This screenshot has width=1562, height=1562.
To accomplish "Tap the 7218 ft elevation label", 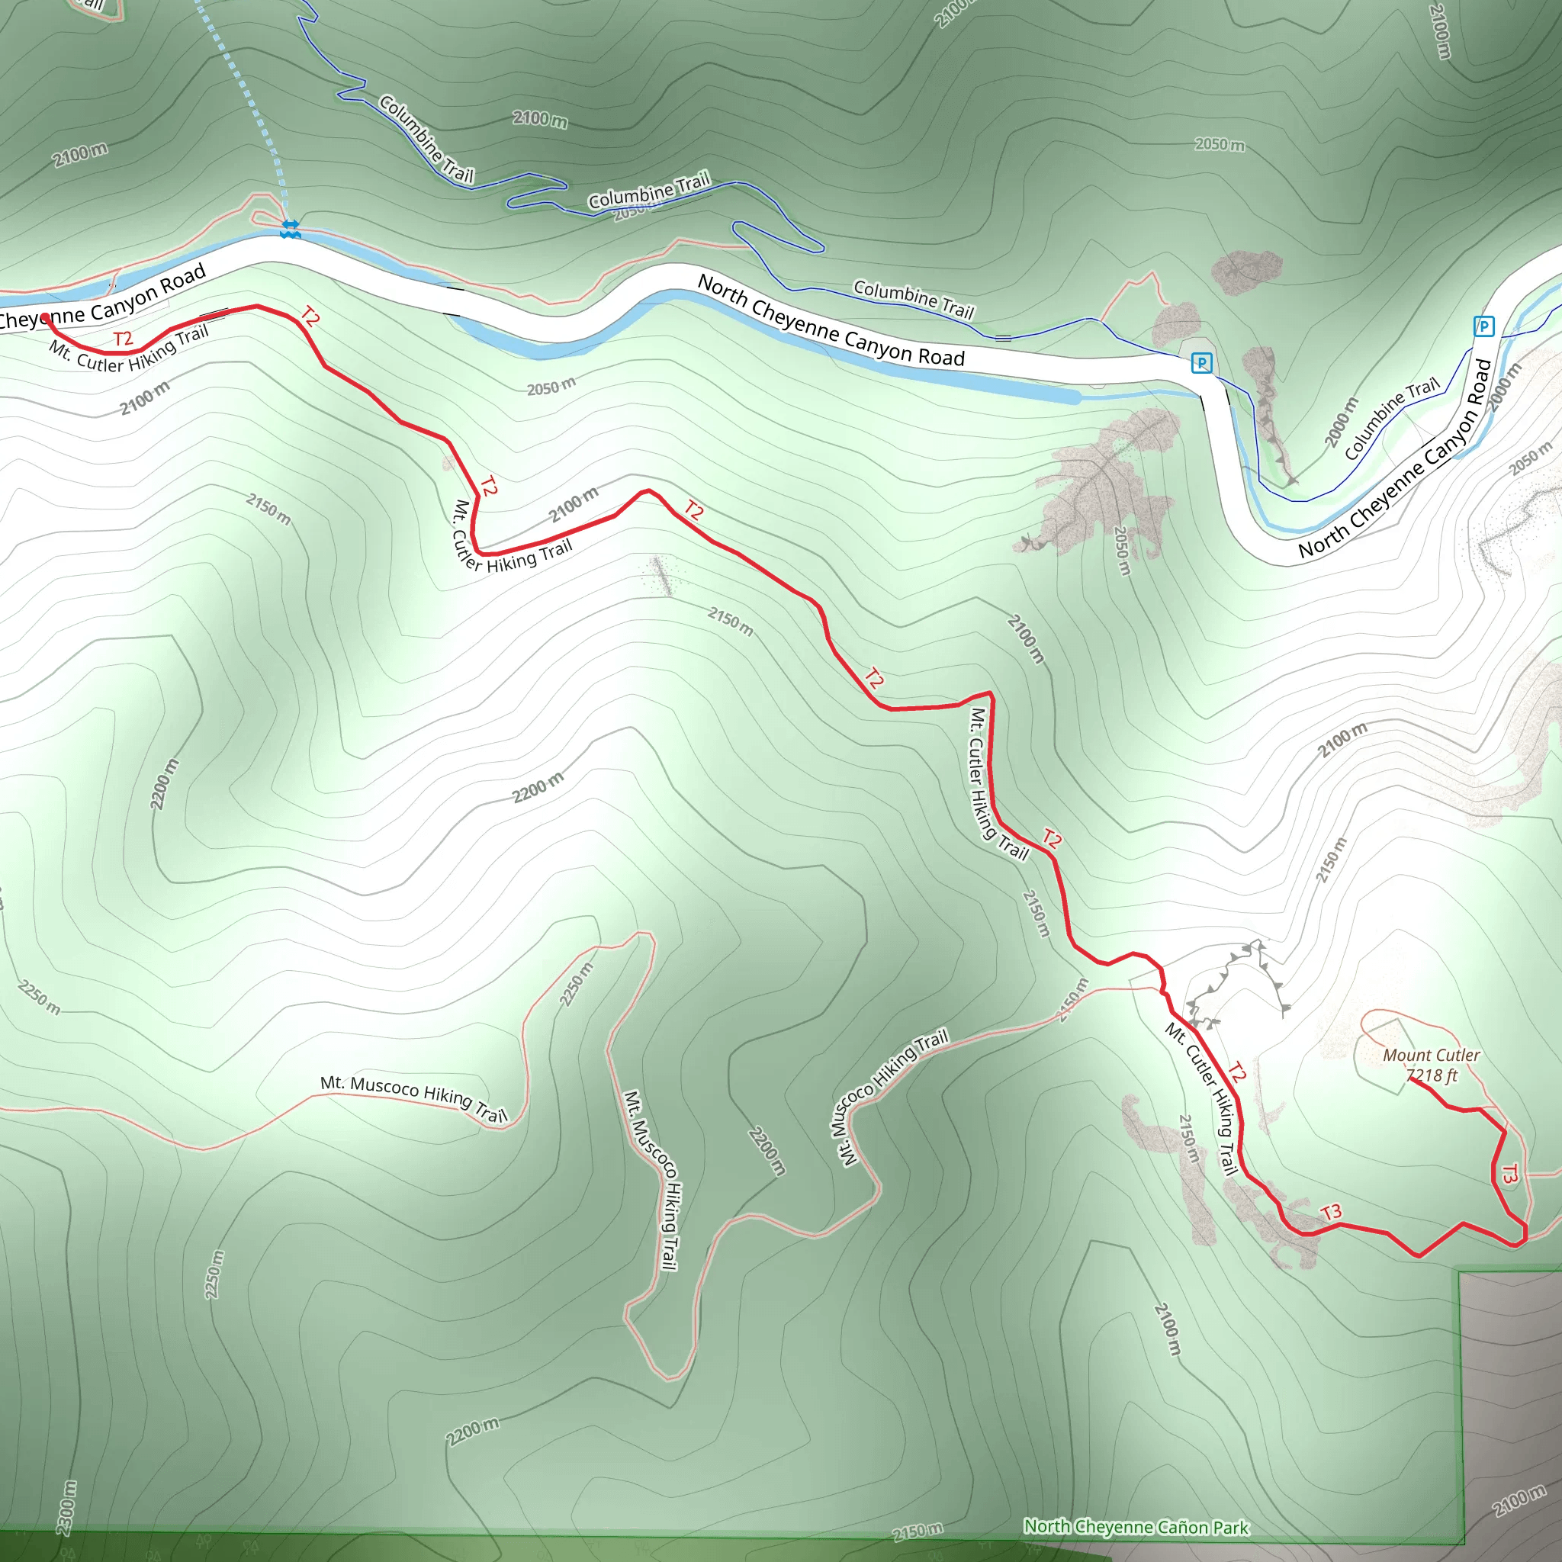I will click(x=1432, y=1075).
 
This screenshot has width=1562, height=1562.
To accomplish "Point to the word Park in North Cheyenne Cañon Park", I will click(x=1230, y=1528).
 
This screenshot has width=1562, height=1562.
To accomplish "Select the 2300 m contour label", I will click(x=67, y=1508).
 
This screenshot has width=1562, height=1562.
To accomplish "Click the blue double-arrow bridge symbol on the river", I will click(x=291, y=229).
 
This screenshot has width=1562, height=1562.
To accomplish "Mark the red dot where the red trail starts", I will click(x=47, y=319).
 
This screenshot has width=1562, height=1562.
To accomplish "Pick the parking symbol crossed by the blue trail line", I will click(x=1202, y=363).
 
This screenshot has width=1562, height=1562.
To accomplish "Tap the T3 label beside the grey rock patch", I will click(x=1331, y=1212).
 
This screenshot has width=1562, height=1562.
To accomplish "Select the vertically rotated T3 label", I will click(x=1509, y=1174).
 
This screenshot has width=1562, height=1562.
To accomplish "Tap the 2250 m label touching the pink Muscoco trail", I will click(x=577, y=984).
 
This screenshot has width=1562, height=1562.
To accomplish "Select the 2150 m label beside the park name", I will click(x=917, y=1531).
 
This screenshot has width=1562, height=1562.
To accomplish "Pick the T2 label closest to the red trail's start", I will click(x=123, y=338).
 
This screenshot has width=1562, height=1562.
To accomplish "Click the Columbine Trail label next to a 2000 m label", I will click(x=1391, y=419).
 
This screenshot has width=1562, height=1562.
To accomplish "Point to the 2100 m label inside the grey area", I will click(x=1519, y=1501).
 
